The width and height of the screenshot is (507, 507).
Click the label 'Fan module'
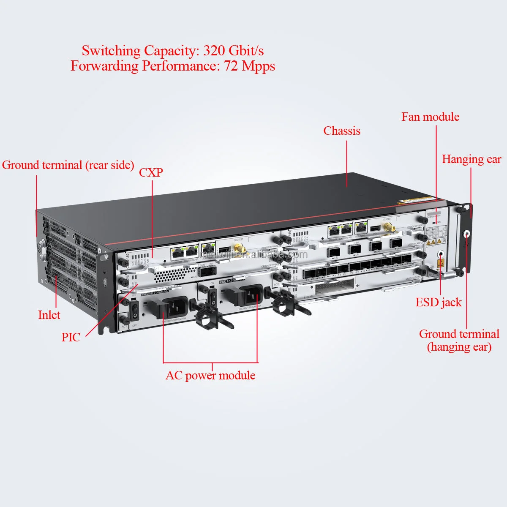coord(430,117)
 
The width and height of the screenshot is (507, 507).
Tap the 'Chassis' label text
coord(342,131)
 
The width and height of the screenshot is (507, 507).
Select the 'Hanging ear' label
coord(471,159)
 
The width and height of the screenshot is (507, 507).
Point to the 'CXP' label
coord(151,172)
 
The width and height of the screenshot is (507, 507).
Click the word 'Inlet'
coord(49,315)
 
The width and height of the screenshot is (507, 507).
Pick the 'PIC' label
coord(71,337)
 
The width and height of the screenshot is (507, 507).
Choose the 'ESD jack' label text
coord(439,303)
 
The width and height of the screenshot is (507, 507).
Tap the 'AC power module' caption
coord(210,375)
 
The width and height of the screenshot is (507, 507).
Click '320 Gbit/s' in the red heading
coord(233,51)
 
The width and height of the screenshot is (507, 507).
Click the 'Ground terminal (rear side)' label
coord(68,165)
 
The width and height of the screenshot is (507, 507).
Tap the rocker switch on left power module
coord(135,310)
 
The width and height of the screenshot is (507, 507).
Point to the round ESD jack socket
coord(441,254)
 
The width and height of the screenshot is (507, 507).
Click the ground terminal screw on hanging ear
coord(467,234)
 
